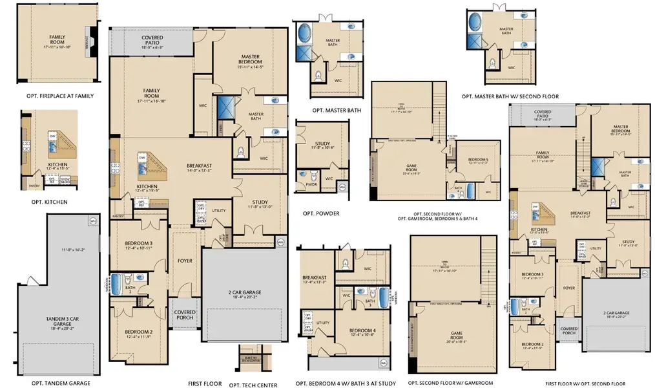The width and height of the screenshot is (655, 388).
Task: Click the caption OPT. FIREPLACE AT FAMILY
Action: [57, 96]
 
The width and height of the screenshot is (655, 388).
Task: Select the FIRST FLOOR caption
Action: [205, 383]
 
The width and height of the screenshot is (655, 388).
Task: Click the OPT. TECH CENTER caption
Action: [253, 385]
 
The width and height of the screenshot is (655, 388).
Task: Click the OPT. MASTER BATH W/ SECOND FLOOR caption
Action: [510, 96]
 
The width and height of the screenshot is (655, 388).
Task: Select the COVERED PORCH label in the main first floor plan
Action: [185, 315]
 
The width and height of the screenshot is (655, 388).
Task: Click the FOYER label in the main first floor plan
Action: [185, 261]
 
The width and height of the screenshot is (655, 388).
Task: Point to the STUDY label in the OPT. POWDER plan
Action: [323, 145]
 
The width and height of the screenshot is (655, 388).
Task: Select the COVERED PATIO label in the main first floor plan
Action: [152, 42]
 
